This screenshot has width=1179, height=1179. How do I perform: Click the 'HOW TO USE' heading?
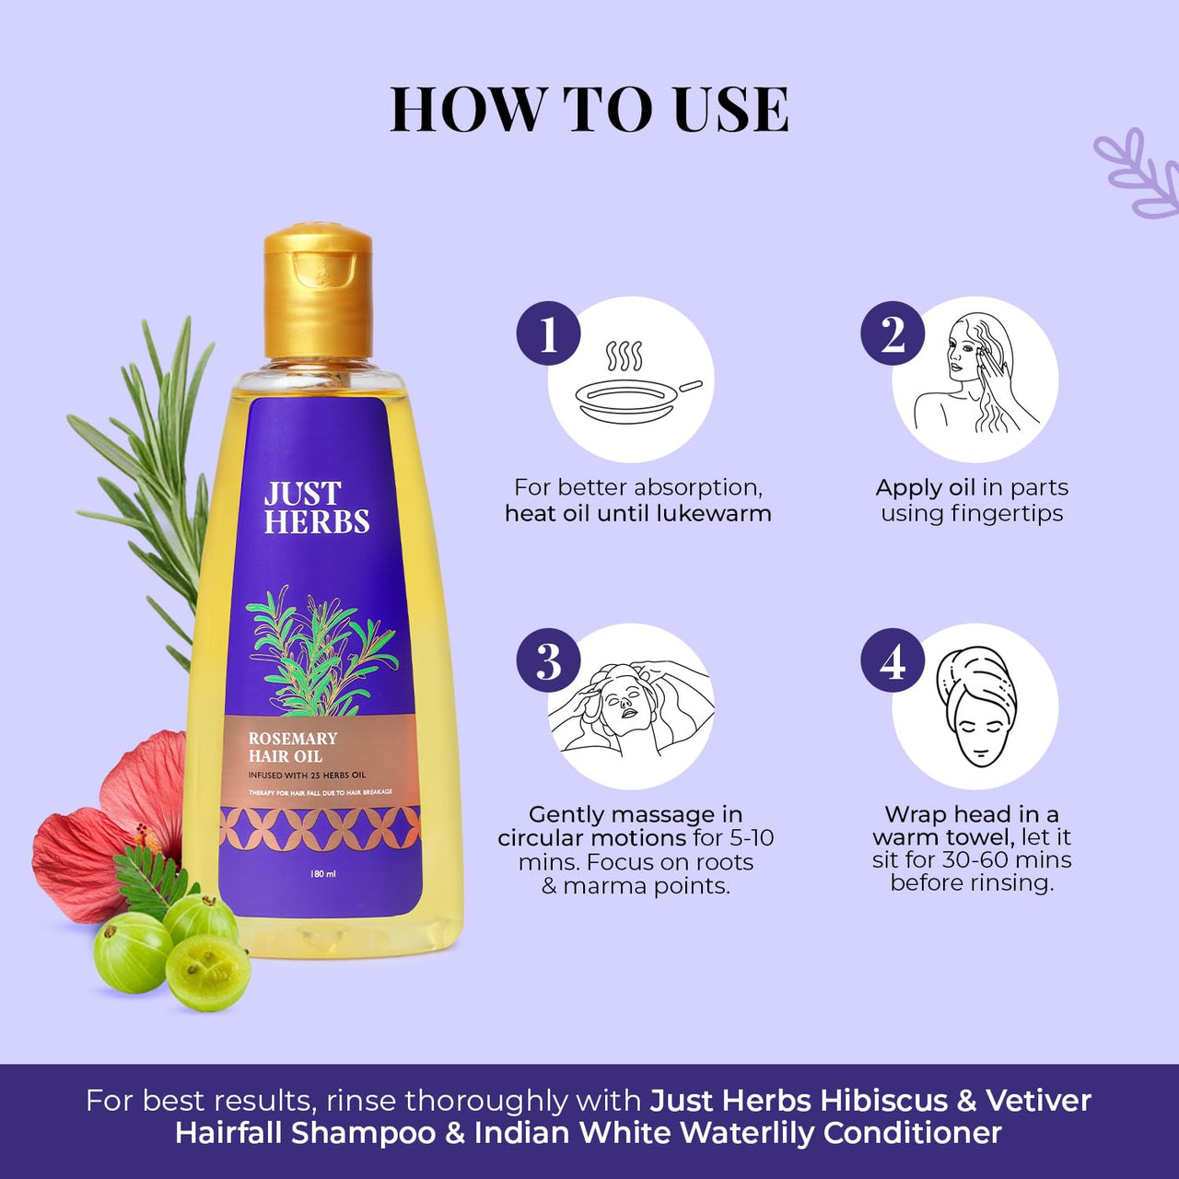[589, 110]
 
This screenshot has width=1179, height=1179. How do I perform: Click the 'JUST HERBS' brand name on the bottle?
[316, 508]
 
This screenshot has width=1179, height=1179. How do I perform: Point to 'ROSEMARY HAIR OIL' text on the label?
[293, 747]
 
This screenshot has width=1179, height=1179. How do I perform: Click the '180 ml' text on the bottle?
[323, 873]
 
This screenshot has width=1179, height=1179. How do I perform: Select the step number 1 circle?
[548, 333]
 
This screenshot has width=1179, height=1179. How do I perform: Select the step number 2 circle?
[893, 333]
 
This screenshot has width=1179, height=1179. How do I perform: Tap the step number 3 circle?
[548, 660]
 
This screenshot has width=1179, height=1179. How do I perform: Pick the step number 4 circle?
[893, 660]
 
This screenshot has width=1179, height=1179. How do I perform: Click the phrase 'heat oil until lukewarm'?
[637, 514]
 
